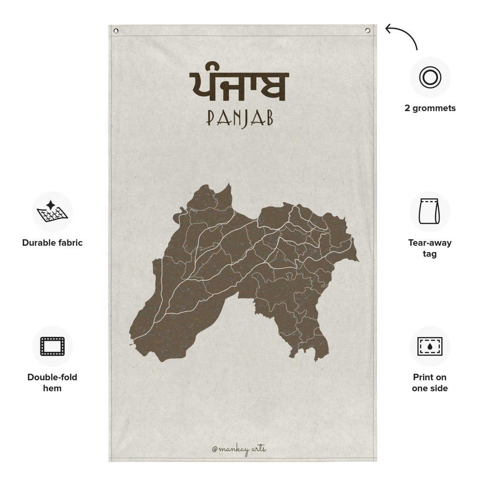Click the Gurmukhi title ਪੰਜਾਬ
tap(240, 86)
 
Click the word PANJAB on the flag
tap(240, 119)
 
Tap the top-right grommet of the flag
tap(368, 30)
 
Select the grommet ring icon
tap(430, 77)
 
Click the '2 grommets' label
tap(430, 108)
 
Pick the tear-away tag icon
tap(429, 211)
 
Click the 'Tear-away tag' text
tap(430, 248)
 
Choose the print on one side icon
tap(430, 346)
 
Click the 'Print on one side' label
tap(430, 382)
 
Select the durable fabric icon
tap(52, 211)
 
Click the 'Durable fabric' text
tap(52, 243)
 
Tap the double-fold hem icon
tap(52, 346)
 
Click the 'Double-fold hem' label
tap(52, 382)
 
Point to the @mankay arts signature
tap(239, 449)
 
